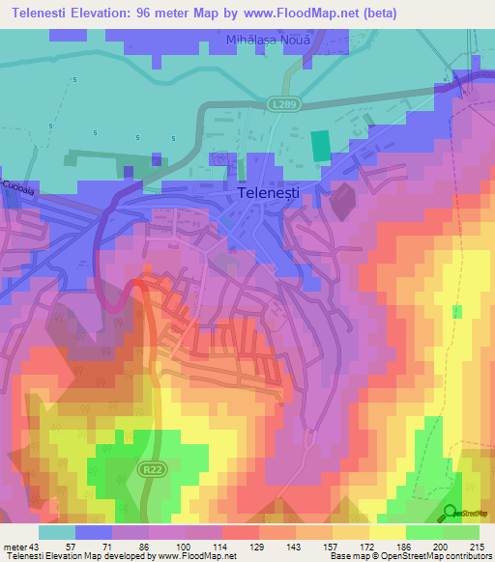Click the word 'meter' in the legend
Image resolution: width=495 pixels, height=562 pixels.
point(16,547)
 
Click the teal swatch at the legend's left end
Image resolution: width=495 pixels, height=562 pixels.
point(57,532)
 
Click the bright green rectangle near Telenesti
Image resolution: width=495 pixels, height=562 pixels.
point(319,147)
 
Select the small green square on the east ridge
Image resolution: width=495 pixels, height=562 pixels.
point(456,311)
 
